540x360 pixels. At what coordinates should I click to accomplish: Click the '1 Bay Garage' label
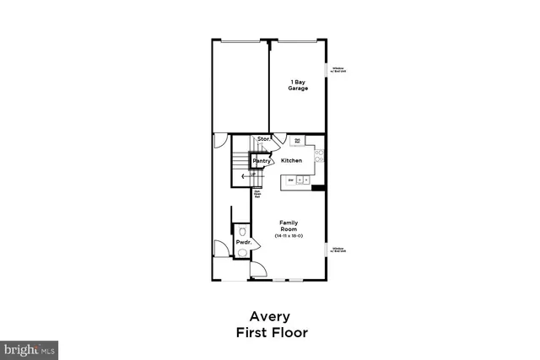point(297,85)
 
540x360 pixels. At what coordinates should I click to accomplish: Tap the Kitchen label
point(292,160)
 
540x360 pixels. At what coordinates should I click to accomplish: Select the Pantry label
point(262,160)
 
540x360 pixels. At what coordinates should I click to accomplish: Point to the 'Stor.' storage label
point(263,139)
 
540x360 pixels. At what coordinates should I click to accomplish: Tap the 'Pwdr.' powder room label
point(244,243)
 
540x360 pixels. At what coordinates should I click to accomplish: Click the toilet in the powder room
point(243,230)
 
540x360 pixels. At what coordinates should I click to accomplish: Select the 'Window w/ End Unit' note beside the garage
point(338,69)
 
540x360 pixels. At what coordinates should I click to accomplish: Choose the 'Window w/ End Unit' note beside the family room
point(338,250)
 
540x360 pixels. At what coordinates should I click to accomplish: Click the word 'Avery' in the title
point(272,316)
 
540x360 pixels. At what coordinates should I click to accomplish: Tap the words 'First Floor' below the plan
point(272,332)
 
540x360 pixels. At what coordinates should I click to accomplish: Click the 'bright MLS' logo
point(30,348)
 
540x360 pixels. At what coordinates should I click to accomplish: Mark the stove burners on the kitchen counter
point(321,155)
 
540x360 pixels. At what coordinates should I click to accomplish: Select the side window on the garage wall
point(328,69)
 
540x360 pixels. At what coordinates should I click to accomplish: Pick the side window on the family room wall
point(328,250)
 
